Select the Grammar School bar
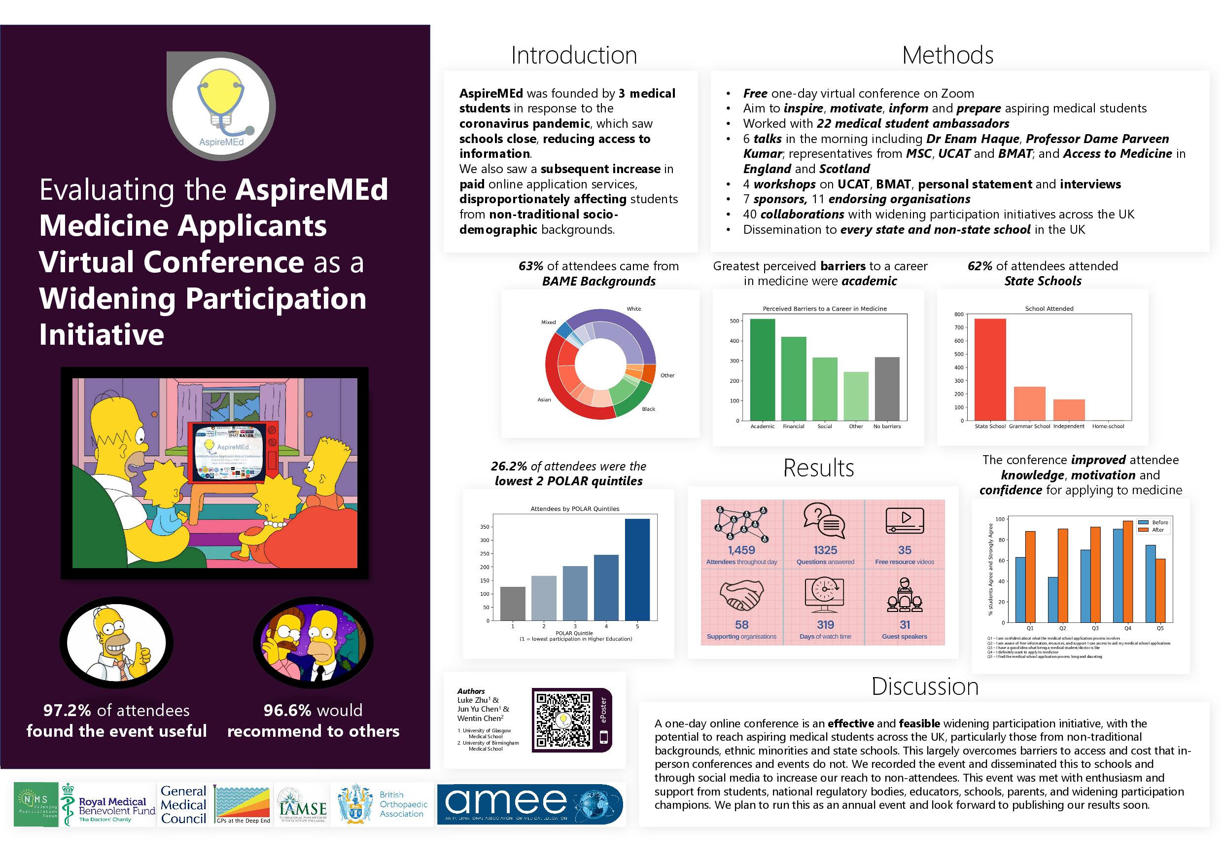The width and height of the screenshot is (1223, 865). point(1029,403)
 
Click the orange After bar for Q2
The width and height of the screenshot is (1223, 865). point(1063,576)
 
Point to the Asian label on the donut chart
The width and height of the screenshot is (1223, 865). point(544,400)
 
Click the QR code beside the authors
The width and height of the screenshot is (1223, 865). point(563,720)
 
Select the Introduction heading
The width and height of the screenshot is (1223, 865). point(574,55)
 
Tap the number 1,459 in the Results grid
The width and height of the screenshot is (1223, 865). point(741,550)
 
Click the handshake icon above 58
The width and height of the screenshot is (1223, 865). point(741,595)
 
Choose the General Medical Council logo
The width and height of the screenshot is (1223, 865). point(183,805)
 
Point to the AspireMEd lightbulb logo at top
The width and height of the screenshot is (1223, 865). point(221,107)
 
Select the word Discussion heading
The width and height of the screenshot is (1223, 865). point(925,686)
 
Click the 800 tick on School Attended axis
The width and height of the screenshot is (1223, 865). point(958,315)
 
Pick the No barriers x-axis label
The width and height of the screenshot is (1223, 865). point(887,427)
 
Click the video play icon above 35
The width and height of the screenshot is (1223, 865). point(905,520)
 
